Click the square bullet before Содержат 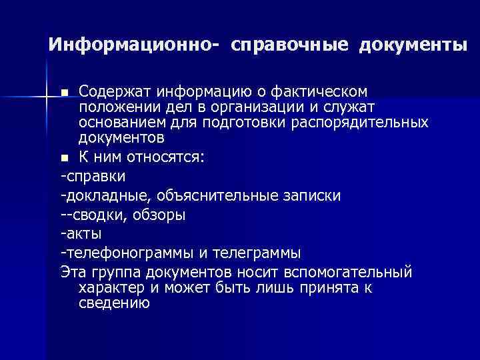pyautogui.click(x=64, y=91)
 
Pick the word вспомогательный pyautogui.click(x=349, y=273)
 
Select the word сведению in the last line pyautogui.click(x=114, y=303)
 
